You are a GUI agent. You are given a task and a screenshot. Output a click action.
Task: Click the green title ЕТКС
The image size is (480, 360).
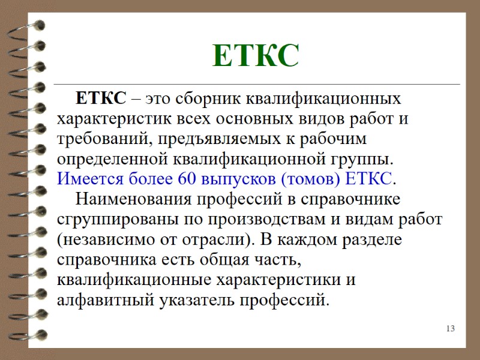(256, 56)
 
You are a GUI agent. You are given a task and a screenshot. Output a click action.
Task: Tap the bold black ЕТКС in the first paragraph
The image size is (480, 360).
(101, 97)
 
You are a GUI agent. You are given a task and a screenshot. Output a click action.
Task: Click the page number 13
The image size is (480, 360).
(451, 328)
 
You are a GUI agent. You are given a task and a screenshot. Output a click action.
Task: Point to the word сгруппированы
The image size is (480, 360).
(115, 219)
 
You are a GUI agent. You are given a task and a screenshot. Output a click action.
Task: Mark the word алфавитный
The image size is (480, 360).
(100, 300)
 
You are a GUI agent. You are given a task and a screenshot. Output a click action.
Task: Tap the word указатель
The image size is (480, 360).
(185, 300)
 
